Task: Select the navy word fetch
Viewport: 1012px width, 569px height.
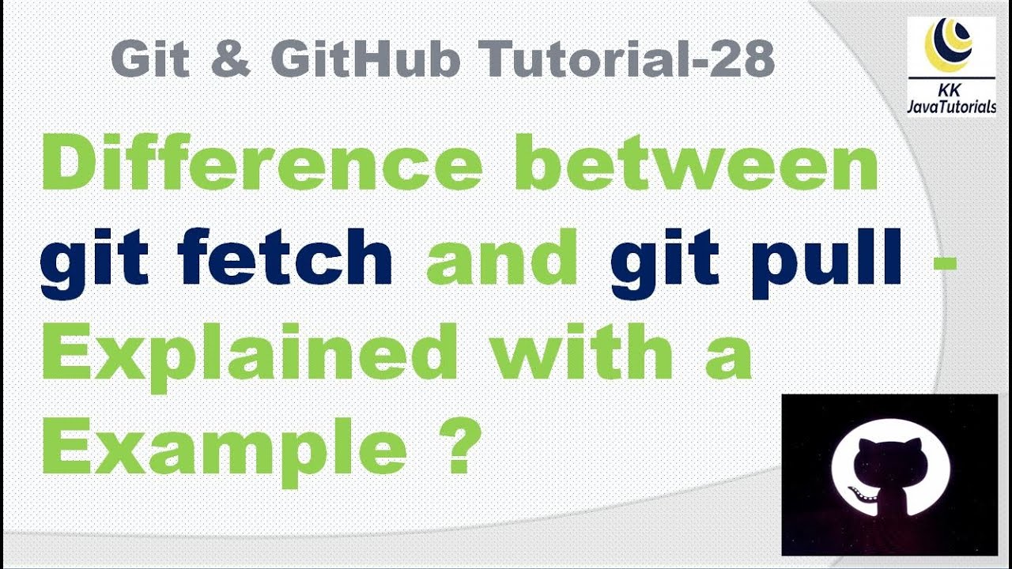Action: click(285, 257)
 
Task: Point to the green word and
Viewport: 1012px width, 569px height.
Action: click(501, 257)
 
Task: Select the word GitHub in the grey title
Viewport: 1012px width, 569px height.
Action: click(365, 59)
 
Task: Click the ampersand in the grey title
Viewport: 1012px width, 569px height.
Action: click(230, 59)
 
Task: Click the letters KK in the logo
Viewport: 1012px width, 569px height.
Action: click(949, 90)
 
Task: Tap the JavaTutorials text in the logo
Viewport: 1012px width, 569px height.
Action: click(951, 107)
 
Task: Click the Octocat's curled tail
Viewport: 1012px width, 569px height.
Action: click(862, 492)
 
